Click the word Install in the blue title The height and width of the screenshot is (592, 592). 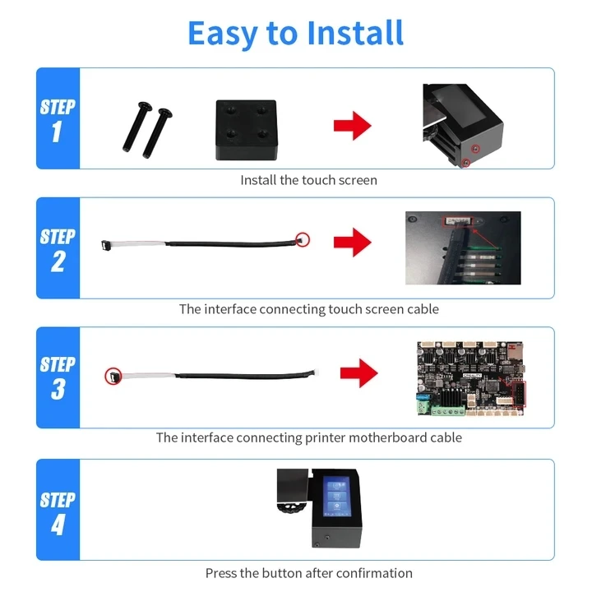point(355,33)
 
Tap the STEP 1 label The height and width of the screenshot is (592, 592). point(58,120)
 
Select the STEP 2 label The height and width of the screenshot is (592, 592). point(58,250)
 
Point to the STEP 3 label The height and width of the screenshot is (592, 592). point(58,378)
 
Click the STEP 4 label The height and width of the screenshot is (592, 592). point(58,513)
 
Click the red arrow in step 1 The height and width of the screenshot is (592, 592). point(352,126)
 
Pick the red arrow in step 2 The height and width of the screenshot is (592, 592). point(352,242)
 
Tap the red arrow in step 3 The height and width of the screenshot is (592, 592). point(358,373)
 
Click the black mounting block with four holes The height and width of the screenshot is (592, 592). point(246,130)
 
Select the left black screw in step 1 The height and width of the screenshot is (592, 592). point(137,127)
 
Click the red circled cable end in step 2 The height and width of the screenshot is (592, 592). point(303,240)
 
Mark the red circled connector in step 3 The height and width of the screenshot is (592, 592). point(113,376)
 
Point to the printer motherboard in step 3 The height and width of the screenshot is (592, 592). point(471,378)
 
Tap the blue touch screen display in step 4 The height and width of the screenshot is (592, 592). point(337,497)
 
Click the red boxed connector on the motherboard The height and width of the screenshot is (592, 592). point(519,394)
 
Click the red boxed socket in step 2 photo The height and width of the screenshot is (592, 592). point(457,221)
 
